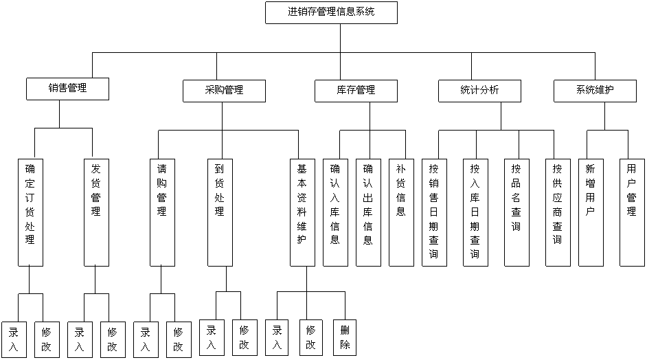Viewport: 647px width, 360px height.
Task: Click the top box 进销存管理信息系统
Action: coord(331,12)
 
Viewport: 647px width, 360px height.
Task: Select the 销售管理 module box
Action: coord(67,89)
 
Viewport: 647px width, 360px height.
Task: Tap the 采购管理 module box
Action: coord(224,91)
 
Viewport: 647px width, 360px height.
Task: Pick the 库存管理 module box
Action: coord(356,91)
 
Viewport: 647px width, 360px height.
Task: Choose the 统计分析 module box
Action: coord(479,91)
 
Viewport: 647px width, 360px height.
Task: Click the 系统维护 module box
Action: coord(595,91)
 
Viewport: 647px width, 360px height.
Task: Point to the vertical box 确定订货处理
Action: coord(30,212)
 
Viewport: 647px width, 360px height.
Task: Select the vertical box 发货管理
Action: coord(96,212)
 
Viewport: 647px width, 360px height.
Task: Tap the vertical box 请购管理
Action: coord(162,212)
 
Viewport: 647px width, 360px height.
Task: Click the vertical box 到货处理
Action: coord(220,212)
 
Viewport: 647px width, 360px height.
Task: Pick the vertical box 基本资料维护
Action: coord(302,212)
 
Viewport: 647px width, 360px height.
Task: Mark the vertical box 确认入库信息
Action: coord(335,212)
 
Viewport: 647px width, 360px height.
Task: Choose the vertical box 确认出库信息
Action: coord(368,212)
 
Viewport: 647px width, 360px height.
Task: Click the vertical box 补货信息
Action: coord(401,212)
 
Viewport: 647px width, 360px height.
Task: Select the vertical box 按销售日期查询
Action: coord(434,212)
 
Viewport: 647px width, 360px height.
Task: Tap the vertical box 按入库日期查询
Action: coord(475,212)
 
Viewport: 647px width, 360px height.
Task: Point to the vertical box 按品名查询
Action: coord(516,212)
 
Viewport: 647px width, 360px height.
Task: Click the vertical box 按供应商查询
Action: coord(558,212)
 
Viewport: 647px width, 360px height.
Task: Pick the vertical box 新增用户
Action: coord(590,212)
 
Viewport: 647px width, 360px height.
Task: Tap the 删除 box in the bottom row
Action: coord(344,337)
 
